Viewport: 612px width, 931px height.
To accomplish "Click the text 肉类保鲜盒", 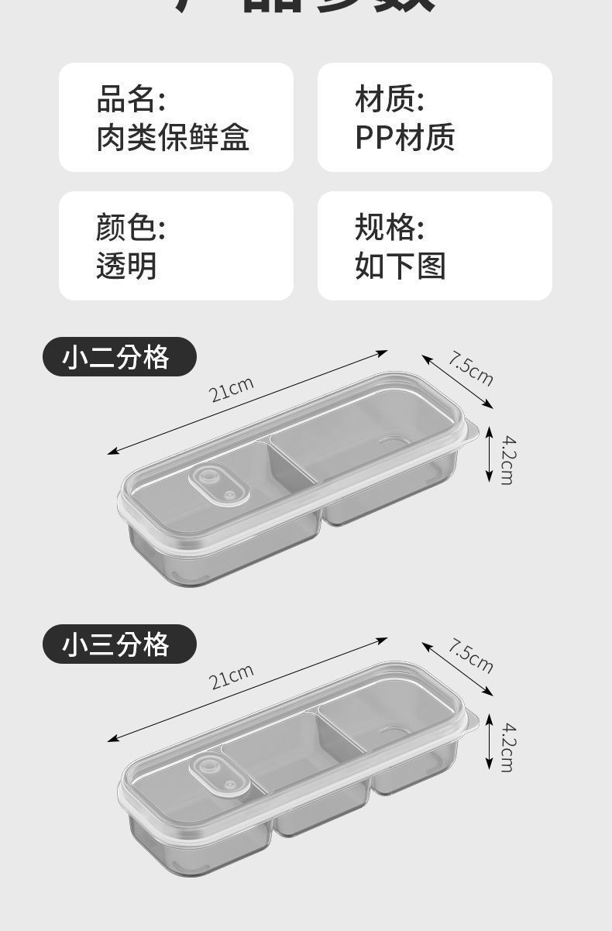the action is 173,138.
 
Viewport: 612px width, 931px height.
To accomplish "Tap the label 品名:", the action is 130,100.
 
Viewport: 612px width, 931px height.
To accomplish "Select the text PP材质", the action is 404,138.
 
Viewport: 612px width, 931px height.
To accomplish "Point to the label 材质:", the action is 389,100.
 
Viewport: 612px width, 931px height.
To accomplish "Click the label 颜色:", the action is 130,228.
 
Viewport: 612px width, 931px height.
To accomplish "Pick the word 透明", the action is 126,266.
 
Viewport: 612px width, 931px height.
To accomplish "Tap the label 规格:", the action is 389,228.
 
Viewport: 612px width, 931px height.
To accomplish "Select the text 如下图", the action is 400,266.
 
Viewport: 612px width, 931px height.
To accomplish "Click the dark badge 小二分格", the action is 119,357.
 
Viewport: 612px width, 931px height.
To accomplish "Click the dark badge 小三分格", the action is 119,644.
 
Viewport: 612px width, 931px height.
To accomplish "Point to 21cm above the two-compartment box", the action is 232,389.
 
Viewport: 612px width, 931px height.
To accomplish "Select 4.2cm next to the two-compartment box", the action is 507,459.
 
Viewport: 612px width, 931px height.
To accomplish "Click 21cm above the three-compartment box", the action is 232,675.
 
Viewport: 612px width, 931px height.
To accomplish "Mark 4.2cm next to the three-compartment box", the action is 507,746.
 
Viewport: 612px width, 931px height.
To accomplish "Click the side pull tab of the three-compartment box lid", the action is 472,720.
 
